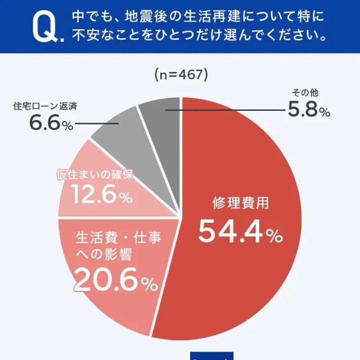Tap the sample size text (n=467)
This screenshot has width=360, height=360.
pyautogui.click(x=181, y=74)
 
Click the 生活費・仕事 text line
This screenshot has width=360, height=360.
pyautogui.click(x=119, y=237)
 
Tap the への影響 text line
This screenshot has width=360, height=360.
pyautogui.click(x=103, y=255)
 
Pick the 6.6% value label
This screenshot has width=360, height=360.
pyautogui.click(x=51, y=123)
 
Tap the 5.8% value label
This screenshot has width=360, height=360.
pyautogui.click(x=309, y=109)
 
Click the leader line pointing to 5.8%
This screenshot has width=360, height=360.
pyautogui.click(x=225, y=110)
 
